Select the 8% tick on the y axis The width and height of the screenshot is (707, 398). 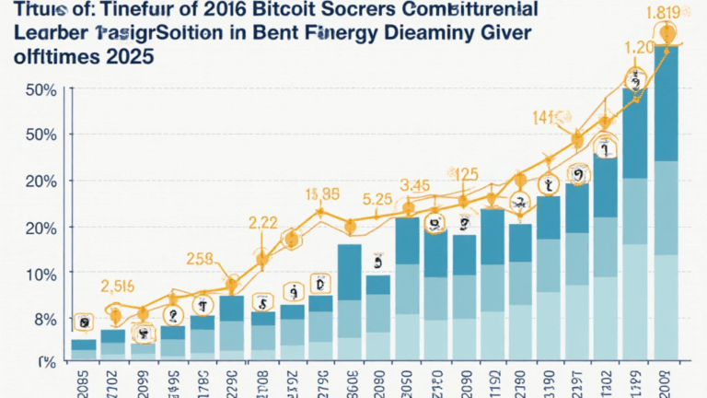[x=38, y=320]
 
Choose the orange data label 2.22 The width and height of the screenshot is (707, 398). [x=263, y=222]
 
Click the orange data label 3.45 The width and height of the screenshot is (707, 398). [x=415, y=186]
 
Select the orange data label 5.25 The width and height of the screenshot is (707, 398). [x=378, y=198]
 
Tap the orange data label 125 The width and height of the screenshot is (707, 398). [x=467, y=173]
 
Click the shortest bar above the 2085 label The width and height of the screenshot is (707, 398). [x=84, y=350]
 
